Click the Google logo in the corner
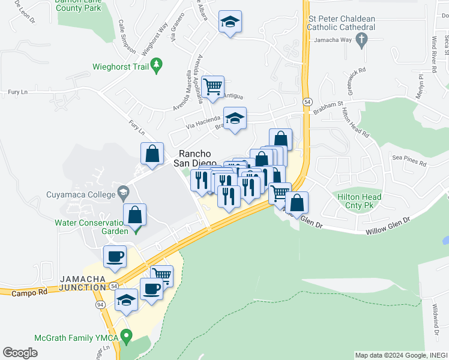[x=20, y=353]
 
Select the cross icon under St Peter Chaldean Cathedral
[x=361, y=40]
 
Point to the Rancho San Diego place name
[x=195, y=157]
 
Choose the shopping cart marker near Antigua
[x=212, y=86]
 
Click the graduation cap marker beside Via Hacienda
[x=235, y=118]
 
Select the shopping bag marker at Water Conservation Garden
[x=136, y=215]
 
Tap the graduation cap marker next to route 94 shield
[x=126, y=301]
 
